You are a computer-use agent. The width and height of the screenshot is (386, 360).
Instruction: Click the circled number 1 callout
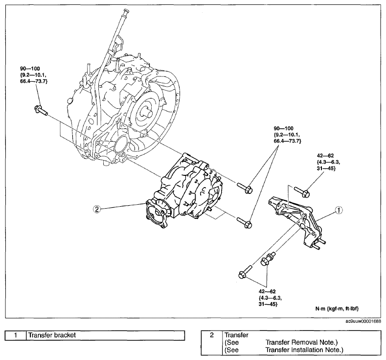pyautogui.click(x=339, y=210)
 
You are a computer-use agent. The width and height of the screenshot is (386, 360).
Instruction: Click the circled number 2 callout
pyautogui.click(x=97, y=210)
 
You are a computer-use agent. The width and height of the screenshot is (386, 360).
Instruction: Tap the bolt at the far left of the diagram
pyautogui.click(x=41, y=110)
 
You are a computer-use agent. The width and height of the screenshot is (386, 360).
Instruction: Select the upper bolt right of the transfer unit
pyautogui.click(x=245, y=188)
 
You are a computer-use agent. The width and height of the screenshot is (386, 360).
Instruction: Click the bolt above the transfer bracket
pyautogui.click(x=302, y=192)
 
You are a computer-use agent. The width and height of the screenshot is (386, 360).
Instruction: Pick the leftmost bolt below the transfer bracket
pyautogui.click(x=245, y=271)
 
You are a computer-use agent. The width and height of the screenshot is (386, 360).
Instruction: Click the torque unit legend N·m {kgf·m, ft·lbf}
pyautogui.click(x=337, y=309)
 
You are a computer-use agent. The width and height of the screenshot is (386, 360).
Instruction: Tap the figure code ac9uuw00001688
pyautogui.click(x=365, y=321)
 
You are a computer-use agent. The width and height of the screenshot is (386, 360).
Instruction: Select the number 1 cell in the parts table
pyautogui.click(x=16, y=335)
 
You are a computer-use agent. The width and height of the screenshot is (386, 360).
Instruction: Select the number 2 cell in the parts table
pyautogui.click(x=212, y=343)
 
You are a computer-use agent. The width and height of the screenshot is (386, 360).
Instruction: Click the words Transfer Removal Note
pyautogui.click(x=301, y=342)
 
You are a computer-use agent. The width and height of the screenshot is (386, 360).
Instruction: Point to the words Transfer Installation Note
pyautogui.click(x=304, y=350)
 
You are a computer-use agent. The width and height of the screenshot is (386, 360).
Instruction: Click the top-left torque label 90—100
pyautogui.click(x=30, y=69)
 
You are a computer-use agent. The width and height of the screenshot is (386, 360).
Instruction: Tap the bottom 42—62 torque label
pyautogui.click(x=267, y=291)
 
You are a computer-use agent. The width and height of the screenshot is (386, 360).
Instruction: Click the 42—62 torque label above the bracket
pyautogui.click(x=325, y=156)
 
